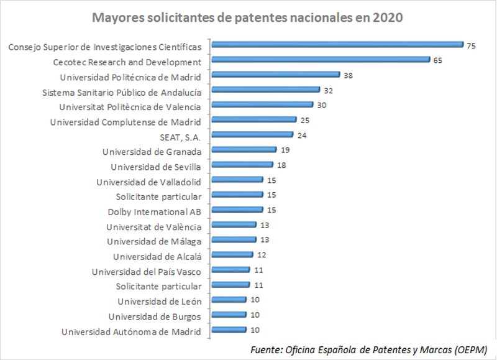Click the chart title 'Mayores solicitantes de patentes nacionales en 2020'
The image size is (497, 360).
pos(248,17)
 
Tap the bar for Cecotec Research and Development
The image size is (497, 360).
pos(321,60)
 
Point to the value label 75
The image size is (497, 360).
pos(472,45)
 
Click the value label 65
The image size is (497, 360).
pos(438,60)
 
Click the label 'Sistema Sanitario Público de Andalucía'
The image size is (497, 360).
pos(122,92)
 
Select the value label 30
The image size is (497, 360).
pos(321,105)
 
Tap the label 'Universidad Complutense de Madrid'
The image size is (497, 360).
pos(125,122)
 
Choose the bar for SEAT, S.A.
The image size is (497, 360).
pos(252,134)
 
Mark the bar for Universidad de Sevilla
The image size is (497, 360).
pos(242,165)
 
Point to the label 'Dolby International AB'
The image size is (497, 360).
pos(155,211)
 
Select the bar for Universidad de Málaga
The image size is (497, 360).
pos(234,239)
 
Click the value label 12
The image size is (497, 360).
pos(261,255)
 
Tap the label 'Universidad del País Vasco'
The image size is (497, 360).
pos(147,271)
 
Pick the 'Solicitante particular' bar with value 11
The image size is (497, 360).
pos(230,285)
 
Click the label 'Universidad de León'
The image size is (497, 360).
pos(160,302)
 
